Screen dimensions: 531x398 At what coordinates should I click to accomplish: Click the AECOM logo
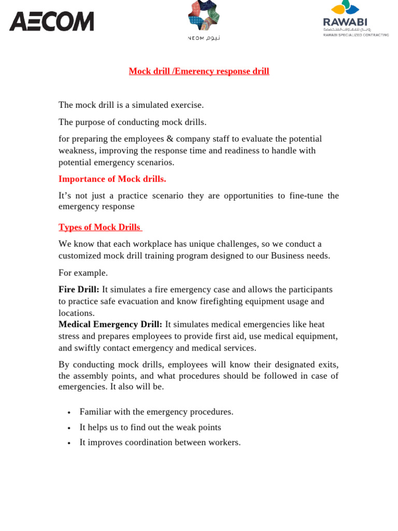52,22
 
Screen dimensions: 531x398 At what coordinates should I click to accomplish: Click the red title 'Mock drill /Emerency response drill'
199,72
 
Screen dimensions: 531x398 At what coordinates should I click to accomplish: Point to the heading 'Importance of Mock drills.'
112,179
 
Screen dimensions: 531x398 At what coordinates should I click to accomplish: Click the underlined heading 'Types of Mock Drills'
99,227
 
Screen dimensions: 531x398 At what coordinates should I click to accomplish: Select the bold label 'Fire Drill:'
79,289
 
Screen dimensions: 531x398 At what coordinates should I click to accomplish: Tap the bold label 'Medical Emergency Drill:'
110,324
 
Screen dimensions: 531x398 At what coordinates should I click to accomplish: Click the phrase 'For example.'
83,273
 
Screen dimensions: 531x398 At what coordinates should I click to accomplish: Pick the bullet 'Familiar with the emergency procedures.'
156,412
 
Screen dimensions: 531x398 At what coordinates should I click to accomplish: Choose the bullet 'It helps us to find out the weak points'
150,427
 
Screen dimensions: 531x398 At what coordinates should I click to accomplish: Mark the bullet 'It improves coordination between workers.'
160,442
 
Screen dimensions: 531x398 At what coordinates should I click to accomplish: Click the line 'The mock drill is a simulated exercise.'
131,105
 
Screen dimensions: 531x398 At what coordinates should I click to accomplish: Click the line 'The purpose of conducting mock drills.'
132,122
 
